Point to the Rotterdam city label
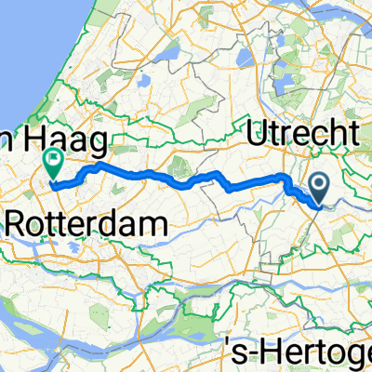coord(87,223)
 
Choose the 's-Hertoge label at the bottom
coord(299,352)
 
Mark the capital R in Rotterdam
coord(18,224)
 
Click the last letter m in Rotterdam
coord(157,224)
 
